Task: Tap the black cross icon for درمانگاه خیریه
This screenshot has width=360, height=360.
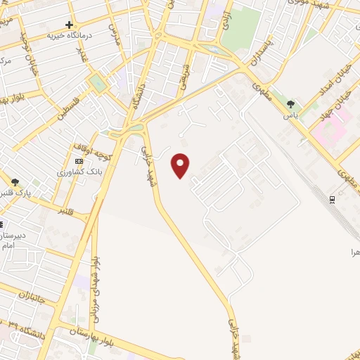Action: pos(69,25)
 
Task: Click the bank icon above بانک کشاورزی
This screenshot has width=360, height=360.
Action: pos(79,161)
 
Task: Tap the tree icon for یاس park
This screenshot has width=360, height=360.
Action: pos(290,105)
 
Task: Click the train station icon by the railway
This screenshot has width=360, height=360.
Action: pos(332,200)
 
